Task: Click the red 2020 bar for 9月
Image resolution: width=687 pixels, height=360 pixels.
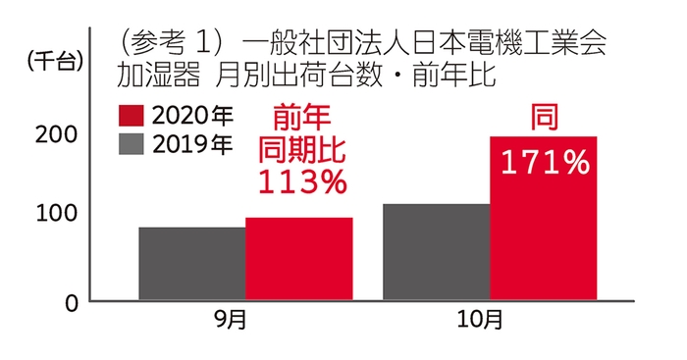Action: click(298, 259)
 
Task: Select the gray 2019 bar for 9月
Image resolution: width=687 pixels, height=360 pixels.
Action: click(191, 264)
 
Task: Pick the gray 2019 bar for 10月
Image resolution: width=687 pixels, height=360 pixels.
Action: click(436, 252)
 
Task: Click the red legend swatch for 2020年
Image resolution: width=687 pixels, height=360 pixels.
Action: click(131, 115)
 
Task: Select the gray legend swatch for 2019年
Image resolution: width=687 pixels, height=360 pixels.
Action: click(131, 144)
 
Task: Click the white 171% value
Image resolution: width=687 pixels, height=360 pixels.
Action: click(545, 162)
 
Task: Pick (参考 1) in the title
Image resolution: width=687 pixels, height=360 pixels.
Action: click(168, 42)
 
